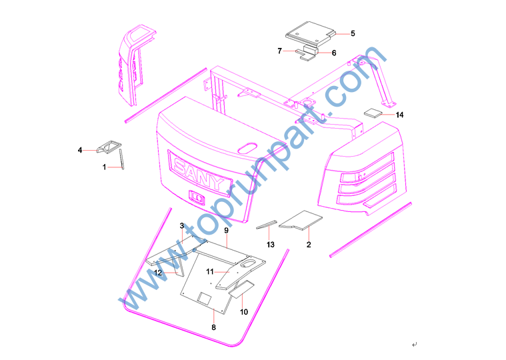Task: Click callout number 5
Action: [353, 33]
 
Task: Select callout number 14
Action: [399, 115]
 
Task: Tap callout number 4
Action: [80, 150]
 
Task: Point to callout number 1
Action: [104, 167]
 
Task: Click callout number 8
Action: [213, 327]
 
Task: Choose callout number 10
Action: [244, 311]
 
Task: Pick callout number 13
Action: [271, 245]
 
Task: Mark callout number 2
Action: [309, 245]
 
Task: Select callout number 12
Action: [158, 273]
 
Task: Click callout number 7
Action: [280, 51]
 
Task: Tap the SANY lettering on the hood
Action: [199, 175]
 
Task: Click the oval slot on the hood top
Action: [247, 148]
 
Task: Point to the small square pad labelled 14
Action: [373, 113]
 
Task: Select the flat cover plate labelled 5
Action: [311, 32]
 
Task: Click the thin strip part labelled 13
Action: [267, 225]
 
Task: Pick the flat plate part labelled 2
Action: [301, 220]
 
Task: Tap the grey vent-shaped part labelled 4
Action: [109, 147]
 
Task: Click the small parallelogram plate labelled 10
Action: [241, 289]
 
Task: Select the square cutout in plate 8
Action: [204, 299]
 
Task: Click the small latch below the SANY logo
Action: [197, 197]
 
